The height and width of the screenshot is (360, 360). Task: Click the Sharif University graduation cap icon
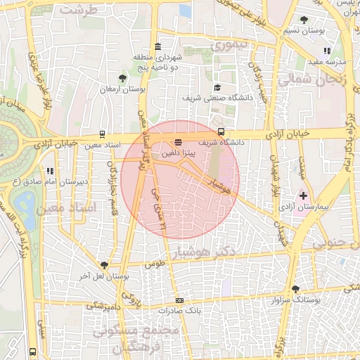coord(218,87)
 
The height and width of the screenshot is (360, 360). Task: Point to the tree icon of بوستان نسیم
coord(304,20)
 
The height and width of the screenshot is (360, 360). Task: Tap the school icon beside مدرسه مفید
coord(327,51)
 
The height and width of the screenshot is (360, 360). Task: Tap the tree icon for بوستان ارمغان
coord(123,78)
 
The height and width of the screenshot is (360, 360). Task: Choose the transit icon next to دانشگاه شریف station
coord(221,131)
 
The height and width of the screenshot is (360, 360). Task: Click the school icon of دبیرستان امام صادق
coord(49,171)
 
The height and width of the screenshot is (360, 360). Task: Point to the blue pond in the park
coord(25,205)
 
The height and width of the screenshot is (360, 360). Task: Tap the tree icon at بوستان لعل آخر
coord(104,264)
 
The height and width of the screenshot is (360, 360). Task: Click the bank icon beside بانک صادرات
coord(180,301)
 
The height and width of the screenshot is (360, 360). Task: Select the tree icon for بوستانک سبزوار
coord(295,288)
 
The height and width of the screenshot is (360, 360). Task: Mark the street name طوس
coord(154,264)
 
